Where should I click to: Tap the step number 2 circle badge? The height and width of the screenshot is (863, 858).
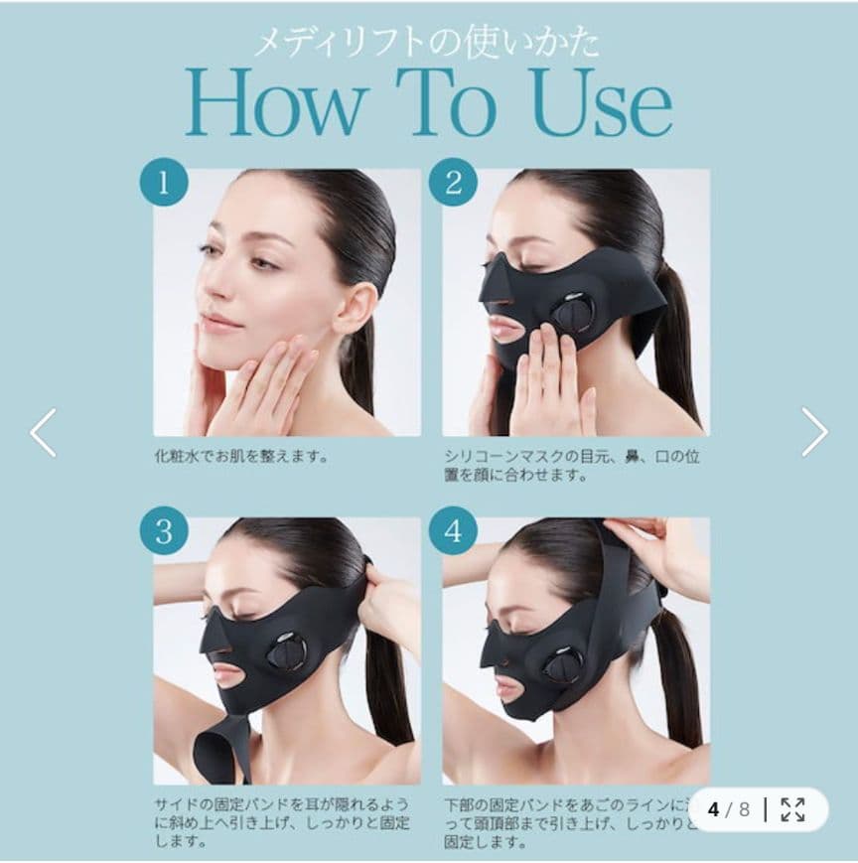click(453, 183)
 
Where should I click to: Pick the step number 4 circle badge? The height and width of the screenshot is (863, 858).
click(453, 531)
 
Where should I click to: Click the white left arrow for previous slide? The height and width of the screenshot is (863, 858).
click(43, 432)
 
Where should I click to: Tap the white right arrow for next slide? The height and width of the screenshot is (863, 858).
click(814, 432)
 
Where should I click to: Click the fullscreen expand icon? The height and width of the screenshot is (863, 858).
click(792, 809)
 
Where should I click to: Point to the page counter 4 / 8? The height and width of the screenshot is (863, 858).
click(728, 809)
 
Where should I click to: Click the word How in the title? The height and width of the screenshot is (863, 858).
click(279, 103)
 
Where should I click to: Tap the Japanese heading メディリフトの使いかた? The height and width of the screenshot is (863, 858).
click(426, 41)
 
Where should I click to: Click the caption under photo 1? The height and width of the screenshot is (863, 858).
click(241, 457)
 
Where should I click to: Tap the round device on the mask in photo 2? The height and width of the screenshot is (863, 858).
click(574, 313)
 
